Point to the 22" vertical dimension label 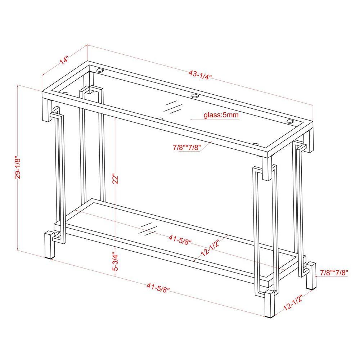[115, 179]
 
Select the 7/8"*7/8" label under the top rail [186, 147]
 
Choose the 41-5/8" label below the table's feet [158, 287]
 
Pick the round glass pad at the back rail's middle [195, 96]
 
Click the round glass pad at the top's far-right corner [290, 121]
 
